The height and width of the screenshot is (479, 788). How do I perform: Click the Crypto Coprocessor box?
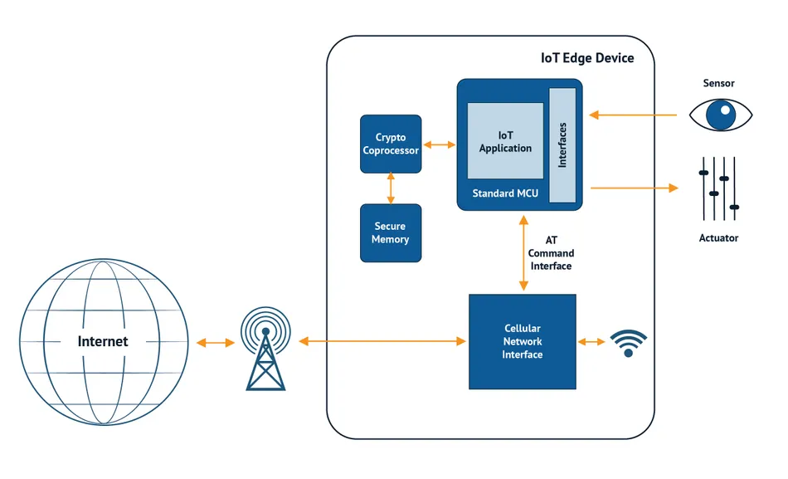pyautogui.click(x=391, y=144)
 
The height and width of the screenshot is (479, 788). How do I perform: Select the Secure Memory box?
pyautogui.click(x=391, y=233)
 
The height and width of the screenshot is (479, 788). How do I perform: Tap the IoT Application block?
pyautogui.click(x=505, y=141)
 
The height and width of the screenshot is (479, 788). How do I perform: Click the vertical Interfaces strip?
pyautogui.click(x=562, y=145)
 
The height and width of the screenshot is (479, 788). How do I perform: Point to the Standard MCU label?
pyautogui.click(x=505, y=193)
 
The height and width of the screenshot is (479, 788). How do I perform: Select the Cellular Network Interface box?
pyautogui.click(x=523, y=342)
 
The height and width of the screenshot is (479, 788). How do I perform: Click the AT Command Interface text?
pyautogui.click(x=551, y=253)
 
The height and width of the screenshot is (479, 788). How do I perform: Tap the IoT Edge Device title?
pyautogui.click(x=587, y=58)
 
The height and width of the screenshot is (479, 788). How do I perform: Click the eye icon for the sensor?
pyautogui.click(x=721, y=115)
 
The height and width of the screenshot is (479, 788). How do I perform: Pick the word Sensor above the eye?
pyautogui.click(x=718, y=83)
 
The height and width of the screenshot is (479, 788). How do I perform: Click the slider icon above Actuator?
pyautogui.click(x=718, y=188)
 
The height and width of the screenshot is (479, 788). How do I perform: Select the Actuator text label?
pyautogui.click(x=718, y=238)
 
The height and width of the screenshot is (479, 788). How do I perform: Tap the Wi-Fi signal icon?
pyautogui.click(x=628, y=342)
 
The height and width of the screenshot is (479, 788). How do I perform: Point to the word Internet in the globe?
pyautogui.click(x=103, y=341)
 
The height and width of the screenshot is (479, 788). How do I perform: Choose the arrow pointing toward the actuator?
pyautogui.click(x=635, y=188)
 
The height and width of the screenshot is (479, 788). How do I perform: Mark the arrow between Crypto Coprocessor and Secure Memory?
pyautogui.click(x=391, y=188)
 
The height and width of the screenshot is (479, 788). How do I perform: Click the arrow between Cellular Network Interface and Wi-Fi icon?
pyautogui.click(x=592, y=342)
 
